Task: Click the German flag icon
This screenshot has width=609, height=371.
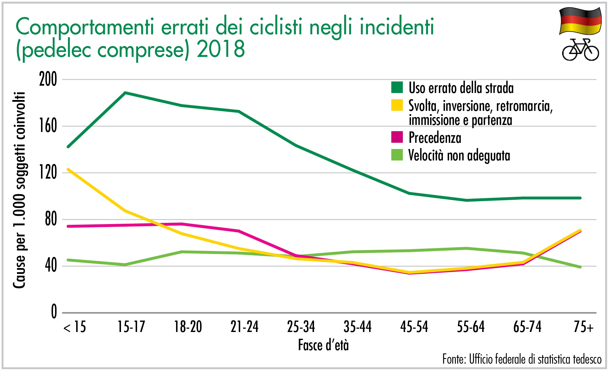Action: pos(580,21)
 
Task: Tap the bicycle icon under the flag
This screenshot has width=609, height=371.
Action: pos(580,50)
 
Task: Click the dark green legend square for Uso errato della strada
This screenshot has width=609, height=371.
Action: pos(397,87)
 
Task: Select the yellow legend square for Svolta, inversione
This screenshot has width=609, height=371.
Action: pos(397,105)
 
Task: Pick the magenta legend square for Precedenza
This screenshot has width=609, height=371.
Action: pos(397,137)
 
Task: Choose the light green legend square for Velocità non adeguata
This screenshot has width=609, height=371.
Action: pos(397,155)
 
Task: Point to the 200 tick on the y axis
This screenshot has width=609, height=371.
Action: pos(48,79)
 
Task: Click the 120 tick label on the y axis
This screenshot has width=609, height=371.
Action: pos(48,172)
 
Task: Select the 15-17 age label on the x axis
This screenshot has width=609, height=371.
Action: pos(131,327)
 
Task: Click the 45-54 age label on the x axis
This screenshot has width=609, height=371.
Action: pos(414,327)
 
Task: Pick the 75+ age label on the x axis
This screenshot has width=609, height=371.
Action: pos(584,327)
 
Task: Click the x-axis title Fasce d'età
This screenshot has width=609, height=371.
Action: pos(323,345)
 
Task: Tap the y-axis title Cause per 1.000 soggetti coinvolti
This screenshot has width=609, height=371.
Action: pos(19,190)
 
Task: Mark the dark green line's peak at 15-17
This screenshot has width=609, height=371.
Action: pos(125,93)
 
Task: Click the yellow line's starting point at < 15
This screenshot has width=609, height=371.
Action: pos(68,169)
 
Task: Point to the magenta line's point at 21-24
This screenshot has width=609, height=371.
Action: pos(239,231)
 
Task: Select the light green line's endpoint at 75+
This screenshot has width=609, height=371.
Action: pos(580,267)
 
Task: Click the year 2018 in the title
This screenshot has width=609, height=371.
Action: pos(221,49)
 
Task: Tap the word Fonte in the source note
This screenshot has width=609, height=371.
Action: pos(453,359)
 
